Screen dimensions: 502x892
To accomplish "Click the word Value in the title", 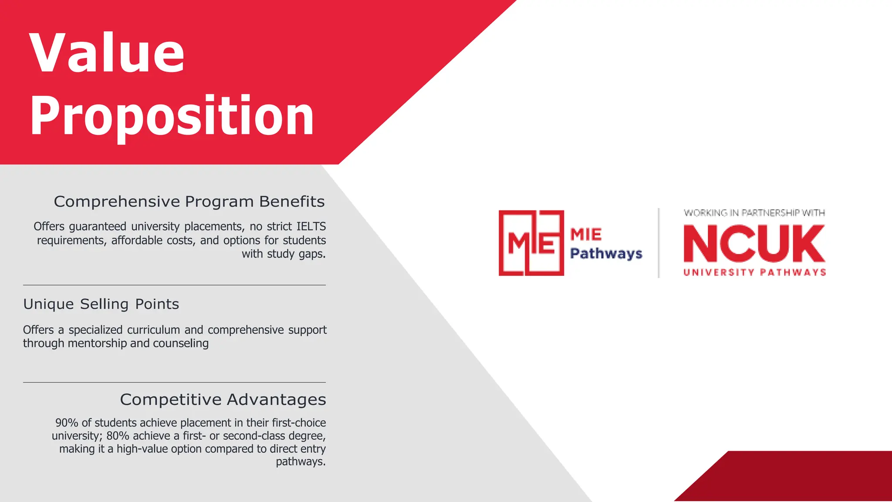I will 107,53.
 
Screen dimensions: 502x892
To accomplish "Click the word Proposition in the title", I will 172,116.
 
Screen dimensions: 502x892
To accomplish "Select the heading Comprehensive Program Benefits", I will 189,202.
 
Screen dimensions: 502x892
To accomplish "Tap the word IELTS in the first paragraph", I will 311,227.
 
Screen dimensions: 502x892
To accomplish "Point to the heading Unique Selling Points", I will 101,304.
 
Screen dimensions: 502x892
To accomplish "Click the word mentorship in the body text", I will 97,343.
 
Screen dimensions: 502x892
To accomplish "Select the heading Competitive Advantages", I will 223,400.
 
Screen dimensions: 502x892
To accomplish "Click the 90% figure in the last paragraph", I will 67,423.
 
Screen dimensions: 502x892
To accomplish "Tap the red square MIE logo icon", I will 531,243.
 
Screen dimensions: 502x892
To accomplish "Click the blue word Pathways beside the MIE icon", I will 606,254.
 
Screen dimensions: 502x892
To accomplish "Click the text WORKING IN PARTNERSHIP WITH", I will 754,213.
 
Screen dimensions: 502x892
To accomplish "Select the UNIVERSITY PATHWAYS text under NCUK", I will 754,273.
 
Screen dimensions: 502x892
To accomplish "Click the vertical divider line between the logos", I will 659,243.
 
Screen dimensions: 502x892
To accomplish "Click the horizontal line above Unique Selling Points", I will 174,285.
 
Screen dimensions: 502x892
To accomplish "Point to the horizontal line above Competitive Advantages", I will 174,382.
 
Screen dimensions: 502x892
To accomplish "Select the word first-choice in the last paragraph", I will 299,423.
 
